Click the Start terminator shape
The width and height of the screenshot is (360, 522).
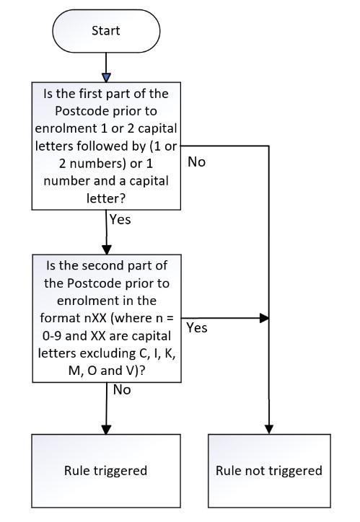pos(106,30)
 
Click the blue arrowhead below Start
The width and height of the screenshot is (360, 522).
pos(106,78)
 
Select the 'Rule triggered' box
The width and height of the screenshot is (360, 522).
pos(106,471)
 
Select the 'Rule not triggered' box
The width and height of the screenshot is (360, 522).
pos(269,471)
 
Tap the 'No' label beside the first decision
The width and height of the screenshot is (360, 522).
pos(196,162)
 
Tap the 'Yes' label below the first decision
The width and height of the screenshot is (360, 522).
pos(120,220)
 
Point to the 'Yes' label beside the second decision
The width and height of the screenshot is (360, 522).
pos(197,328)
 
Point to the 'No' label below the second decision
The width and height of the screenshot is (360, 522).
pos(122,390)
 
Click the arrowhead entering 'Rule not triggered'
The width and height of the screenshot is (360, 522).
pos(269,430)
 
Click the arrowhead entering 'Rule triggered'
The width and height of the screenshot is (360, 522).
pos(106,430)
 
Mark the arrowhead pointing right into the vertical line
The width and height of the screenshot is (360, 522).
pos(264,318)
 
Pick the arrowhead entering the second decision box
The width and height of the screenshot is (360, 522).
pos(107,250)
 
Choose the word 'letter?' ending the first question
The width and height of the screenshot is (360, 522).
pos(106,199)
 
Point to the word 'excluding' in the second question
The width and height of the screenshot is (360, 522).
pos(108,353)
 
